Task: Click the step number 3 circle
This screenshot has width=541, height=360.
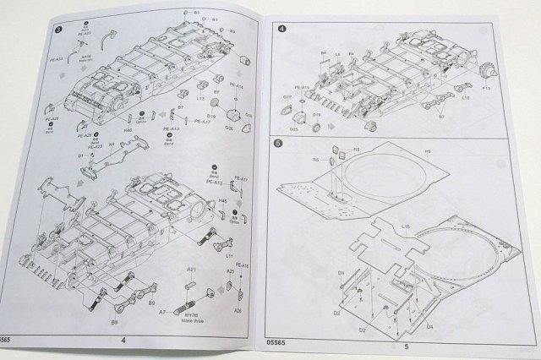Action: coord(57,33)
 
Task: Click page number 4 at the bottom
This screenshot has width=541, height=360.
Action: coord(123,340)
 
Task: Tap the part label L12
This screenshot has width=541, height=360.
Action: coord(464,98)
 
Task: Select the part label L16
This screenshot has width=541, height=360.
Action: coord(406,227)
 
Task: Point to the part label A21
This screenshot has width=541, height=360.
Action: coord(192,270)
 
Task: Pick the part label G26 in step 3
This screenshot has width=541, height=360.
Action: coord(229,128)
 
